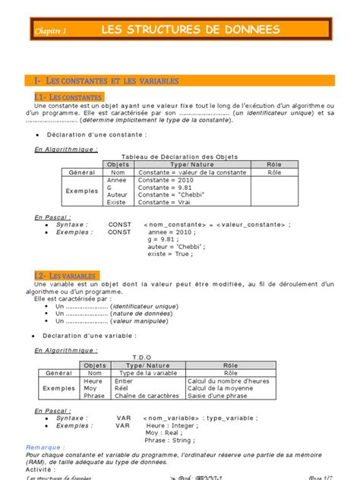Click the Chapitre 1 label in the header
(x=51, y=31)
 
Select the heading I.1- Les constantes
(x=68, y=97)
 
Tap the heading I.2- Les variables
(x=66, y=274)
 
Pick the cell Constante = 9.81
(x=159, y=188)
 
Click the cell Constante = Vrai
(x=159, y=203)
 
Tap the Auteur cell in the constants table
(x=118, y=195)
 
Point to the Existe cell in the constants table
(x=117, y=203)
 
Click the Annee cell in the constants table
(x=118, y=181)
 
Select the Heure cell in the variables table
(x=93, y=381)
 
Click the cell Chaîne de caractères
(x=147, y=396)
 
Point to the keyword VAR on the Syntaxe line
(x=124, y=418)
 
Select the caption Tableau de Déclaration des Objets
(x=175, y=156)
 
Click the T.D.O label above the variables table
(x=142, y=356)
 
